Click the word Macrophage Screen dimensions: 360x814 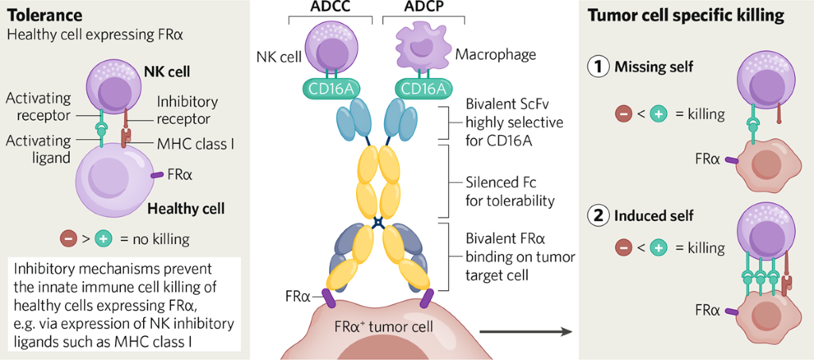pyautogui.click(x=497, y=55)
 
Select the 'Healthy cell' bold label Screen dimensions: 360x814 pyautogui.click(x=186, y=209)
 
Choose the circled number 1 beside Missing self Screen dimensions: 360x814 pyautogui.click(x=599, y=68)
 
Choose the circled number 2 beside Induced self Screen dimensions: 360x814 pyautogui.click(x=599, y=215)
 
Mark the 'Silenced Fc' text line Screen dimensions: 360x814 pyautogui.click(x=502, y=180)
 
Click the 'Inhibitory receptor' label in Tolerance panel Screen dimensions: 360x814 pyautogui.click(x=183, y=110)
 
